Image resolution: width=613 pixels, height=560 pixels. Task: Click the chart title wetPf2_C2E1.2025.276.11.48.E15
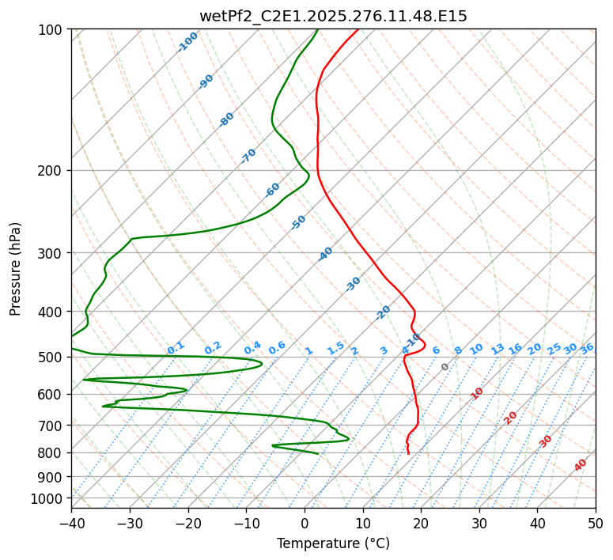333,16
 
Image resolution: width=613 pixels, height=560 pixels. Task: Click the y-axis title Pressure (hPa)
16,268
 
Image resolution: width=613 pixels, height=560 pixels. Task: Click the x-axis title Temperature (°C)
333,543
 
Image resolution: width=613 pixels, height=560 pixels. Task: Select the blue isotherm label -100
187,42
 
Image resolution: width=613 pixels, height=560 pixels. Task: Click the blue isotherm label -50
298,222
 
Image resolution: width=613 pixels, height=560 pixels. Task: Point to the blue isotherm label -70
248,156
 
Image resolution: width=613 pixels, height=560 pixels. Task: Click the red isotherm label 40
581,465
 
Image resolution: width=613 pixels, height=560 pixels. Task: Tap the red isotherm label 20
511,417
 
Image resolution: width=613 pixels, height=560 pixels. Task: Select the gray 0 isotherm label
445,367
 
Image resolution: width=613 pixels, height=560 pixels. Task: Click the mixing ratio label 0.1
176,347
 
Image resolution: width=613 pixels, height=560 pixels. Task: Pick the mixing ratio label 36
587,348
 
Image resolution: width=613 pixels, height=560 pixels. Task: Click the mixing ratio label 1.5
335,347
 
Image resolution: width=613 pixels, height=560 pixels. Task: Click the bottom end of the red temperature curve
408,454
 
